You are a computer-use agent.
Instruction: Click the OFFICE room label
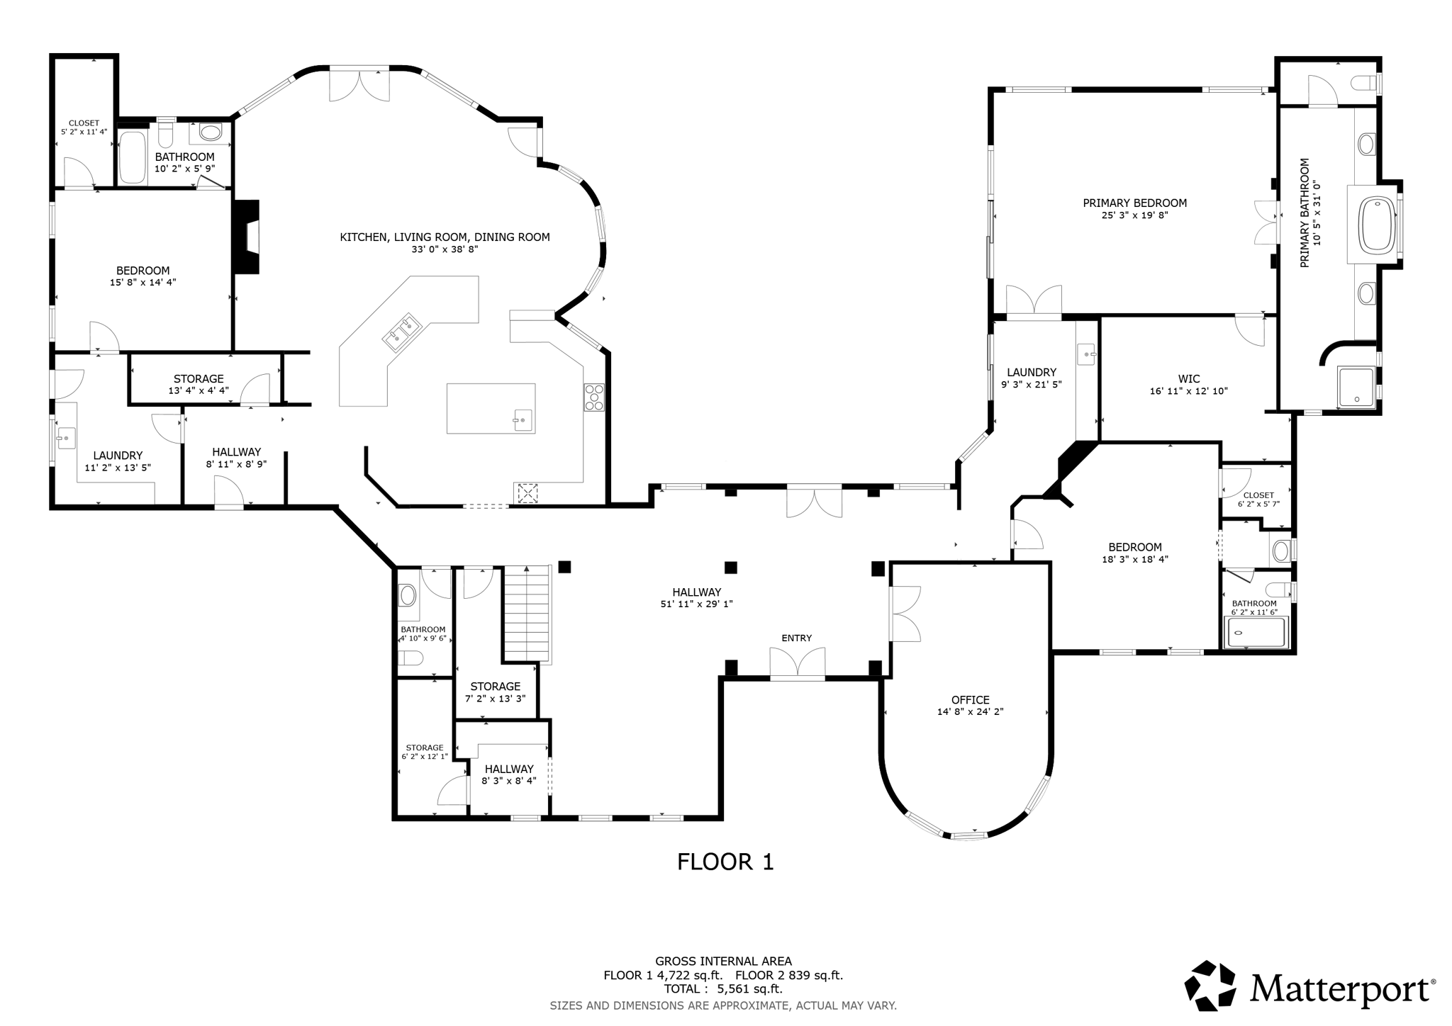tap(970, 700)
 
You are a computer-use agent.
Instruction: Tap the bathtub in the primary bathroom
tap(1376, 224)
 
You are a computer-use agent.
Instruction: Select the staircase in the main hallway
tap(527, 613)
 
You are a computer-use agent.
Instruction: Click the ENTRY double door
tap(798, 665)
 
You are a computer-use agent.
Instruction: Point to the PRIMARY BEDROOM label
tap(1134, 203)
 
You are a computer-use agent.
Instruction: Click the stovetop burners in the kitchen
tap(593, 397)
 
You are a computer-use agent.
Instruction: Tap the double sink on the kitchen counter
tap(402, 332)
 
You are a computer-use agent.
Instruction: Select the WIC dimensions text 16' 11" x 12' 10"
tap(1188, 391)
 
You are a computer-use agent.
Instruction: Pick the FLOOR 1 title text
tap(725, 862)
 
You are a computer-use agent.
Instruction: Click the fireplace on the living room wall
tap(247, 237)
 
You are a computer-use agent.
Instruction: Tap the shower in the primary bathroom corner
tap(1356, 387)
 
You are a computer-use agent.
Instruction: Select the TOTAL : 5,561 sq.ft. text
tap(722, 989)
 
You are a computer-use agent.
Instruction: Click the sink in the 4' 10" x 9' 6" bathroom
tap(408, 594)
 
